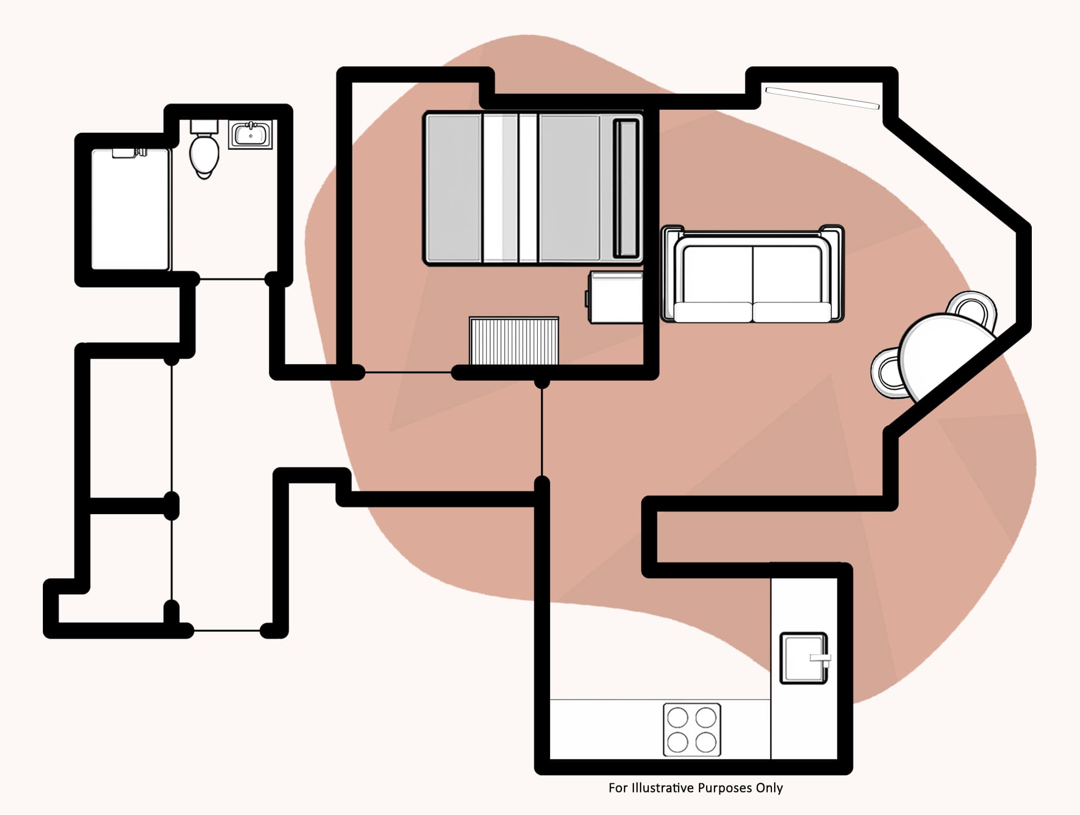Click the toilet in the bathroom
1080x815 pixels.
(x=204, y=154)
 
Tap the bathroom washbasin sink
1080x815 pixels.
(x=251, y=134)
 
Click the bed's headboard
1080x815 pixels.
(x=626, y=188)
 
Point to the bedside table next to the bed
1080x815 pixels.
(x=616, y=298)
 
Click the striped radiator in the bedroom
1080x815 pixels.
(x=514, y=341)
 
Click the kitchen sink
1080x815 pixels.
(x=802, y=658)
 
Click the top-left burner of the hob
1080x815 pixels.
(x=678, y=718)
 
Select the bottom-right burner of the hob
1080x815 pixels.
(x=706, y=742)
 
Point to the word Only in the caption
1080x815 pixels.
(x=769, y=788)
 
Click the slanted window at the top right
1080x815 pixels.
(x=822, y=98)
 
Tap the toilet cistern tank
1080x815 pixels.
(x=204, y=126)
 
